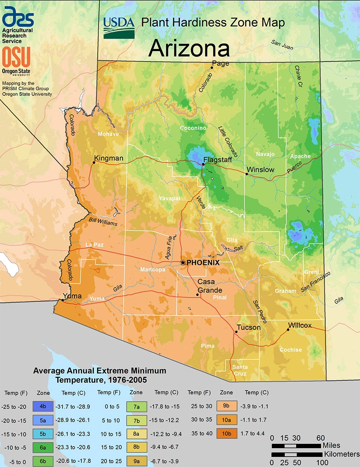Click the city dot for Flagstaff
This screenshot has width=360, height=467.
click(x=203, y=165)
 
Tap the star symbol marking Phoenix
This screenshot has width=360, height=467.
click(x=183, y=263)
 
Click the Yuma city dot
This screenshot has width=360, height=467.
click(x=63, y=300)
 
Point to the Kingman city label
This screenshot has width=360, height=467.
click(x=109, y=158)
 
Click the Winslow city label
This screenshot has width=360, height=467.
click(x=260, y=170)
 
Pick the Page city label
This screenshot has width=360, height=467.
click(x=220, y=63)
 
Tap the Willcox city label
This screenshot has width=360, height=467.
click(x=300, y=325)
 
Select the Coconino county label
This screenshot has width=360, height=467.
click(x=193, y=128)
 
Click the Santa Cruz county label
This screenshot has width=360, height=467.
click(x=240, y=370)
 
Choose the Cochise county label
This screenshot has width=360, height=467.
click(x=290, y=350)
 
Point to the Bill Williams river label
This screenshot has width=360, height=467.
click(x=103, y=222)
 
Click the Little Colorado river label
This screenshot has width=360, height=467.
click(x=228, y=140)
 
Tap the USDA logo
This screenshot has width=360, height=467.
click(x=119, y=28)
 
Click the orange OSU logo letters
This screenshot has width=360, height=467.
click(x=16, y=57)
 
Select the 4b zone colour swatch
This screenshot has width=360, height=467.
click(x=43, y=407)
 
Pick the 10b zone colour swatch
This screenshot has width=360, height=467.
click(x=226, y=434)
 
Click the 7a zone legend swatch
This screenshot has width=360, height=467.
click(x=136, y=407)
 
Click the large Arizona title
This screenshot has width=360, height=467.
click(x=189, y=48)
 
